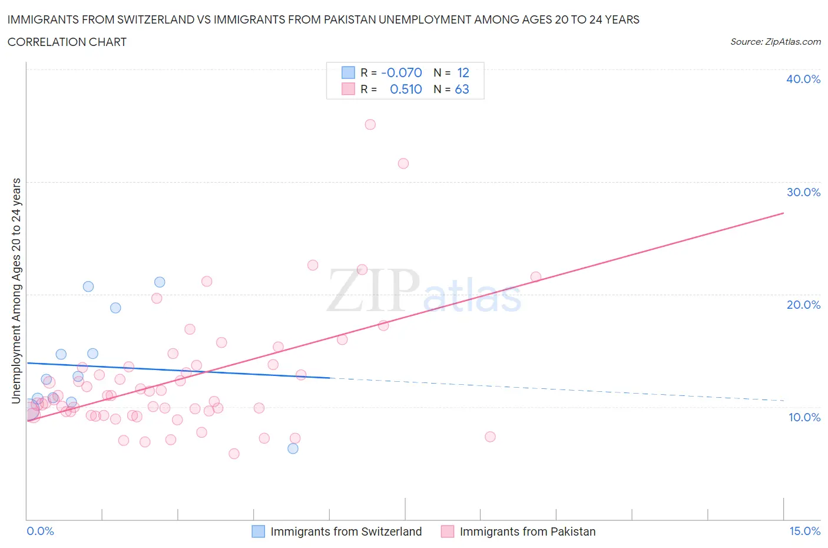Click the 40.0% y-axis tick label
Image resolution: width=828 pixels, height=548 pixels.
803,79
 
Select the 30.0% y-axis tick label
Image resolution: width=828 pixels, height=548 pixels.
803,192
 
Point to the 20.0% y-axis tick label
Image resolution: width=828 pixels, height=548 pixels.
803,305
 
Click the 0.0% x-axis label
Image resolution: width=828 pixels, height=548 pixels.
40,531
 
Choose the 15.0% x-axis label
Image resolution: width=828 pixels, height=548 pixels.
804,531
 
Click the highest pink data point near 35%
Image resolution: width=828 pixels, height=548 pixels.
370,124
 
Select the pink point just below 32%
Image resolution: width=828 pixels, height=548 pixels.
403,163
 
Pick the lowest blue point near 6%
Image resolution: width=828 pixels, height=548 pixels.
293,448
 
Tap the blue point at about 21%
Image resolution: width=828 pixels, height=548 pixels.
160,282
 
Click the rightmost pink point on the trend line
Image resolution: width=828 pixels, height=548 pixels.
536,276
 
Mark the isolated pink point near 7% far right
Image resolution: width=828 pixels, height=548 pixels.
490,437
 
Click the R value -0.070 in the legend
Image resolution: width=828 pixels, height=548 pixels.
402,72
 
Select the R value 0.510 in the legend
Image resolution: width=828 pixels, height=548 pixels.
406,89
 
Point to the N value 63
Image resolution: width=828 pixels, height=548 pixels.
462,89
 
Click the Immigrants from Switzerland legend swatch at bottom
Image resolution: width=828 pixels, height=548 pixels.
258,532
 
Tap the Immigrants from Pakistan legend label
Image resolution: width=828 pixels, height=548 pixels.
527,532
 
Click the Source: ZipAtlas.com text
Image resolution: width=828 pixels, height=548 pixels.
775,41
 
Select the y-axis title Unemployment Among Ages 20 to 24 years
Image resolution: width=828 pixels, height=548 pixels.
16,290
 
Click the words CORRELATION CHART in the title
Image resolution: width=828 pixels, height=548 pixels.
67,42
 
